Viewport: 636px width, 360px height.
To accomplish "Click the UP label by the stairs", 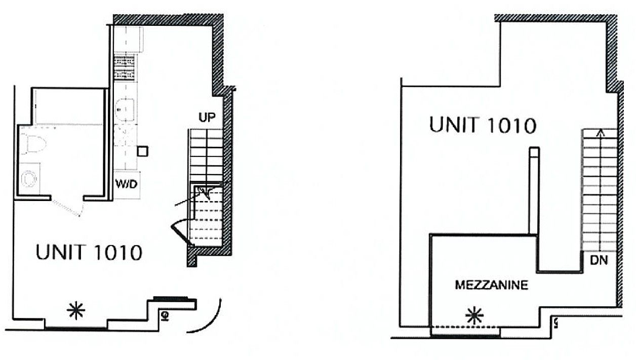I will coord(207,118).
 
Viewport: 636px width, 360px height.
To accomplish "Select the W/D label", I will coord(126,185).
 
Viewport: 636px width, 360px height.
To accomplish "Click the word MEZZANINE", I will coord(491,285).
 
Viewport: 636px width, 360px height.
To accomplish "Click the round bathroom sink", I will coord(30,178).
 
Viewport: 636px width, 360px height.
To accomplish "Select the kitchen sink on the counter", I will coord(124,108).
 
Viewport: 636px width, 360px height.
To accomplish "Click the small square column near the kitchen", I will coord(143,150).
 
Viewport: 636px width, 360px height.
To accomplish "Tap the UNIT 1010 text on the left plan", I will coord(88,252).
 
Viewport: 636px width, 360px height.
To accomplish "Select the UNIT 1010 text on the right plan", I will coord(482,125).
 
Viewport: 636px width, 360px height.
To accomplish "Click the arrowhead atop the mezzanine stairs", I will coord(601,133).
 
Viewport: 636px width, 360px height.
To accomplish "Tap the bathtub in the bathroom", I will coord(69,106).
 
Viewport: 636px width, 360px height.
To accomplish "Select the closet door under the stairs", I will coord(179,233).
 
